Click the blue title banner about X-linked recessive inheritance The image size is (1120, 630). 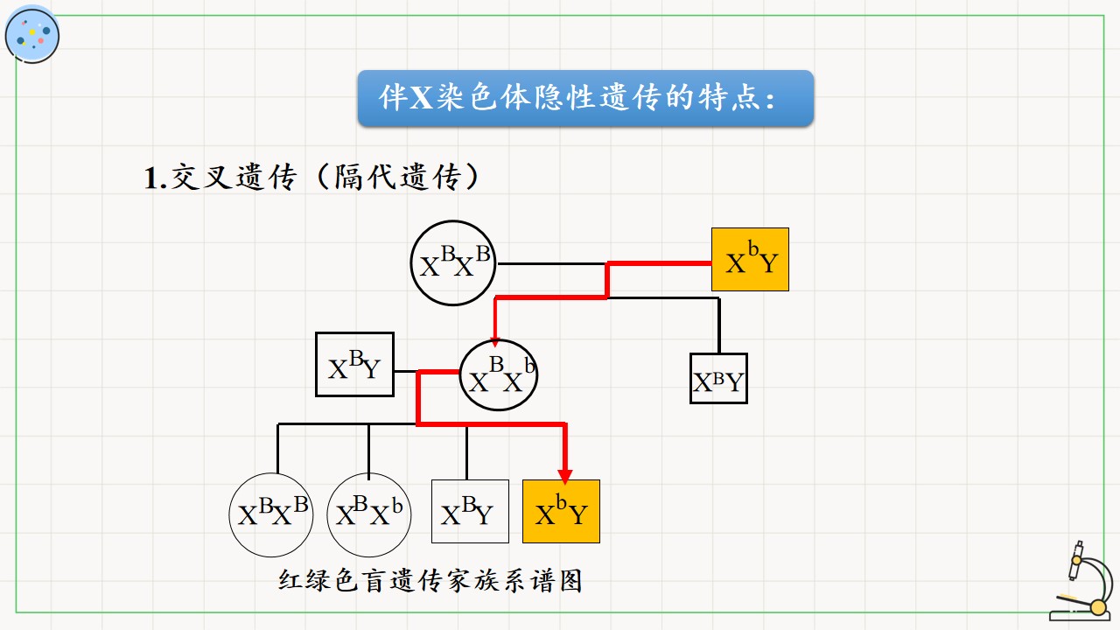585,98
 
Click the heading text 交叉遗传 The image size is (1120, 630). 234,177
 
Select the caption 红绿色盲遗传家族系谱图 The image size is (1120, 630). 430,581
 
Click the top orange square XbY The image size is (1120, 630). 750,260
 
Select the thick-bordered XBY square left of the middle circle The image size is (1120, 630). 355,365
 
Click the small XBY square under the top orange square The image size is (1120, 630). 718,379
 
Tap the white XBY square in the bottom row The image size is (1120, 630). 470,512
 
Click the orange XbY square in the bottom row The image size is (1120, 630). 561,512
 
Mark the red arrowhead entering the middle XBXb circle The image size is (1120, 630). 495,342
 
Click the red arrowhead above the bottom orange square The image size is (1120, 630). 565,477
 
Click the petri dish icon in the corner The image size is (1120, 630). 32,35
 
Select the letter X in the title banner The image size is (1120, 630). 421,97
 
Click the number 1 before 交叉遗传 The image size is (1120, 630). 151,178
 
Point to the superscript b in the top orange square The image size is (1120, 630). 753,248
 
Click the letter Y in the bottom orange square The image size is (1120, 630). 578,515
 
